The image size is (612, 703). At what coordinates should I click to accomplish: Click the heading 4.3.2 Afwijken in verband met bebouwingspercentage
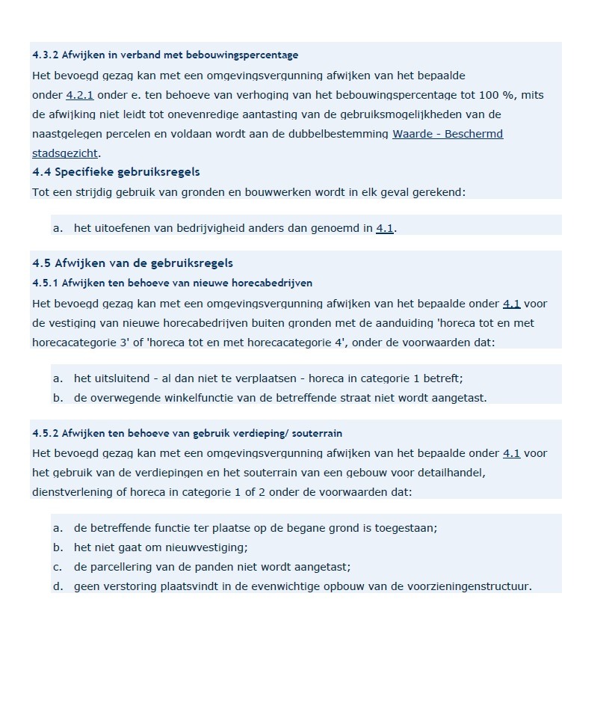pyautogui.click(x=165, y=55)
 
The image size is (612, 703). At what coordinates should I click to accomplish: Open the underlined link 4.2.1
pyautogui.click(x=80, y=96)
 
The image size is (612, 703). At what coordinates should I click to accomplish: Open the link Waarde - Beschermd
pyautogui.click(x=447, y=135)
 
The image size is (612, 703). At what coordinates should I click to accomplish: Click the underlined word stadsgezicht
pyautogui.click(x=65, y=154)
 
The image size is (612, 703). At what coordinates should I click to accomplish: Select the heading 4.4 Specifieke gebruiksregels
pyautogui.click(x=116, y=172)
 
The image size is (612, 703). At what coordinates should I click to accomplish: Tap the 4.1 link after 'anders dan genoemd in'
pyautogui.click(x=385, y=229)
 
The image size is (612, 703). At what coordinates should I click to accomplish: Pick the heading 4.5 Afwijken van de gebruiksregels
pyautogui.click(x=132, y=263)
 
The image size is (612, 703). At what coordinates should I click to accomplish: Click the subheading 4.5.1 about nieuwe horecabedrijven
pyautogui.click(x=172, y=283)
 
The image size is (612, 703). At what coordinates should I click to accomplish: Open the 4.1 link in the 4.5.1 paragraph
pyautogui.click(x=511, y=304)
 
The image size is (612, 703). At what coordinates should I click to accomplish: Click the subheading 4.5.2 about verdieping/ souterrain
pyautogui.click(x=187, y=434)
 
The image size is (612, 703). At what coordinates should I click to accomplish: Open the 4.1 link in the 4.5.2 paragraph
pyautogui.click(x=511, y=454)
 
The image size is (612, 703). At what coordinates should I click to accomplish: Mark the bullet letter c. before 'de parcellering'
pyautogui.click(x=58, y=567)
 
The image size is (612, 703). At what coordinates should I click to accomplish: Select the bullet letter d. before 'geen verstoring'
pyautogui.click(x=58, y=586)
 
